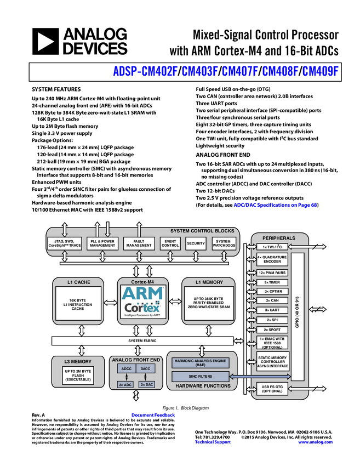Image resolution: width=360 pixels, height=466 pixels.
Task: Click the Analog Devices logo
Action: [x=79, y=41]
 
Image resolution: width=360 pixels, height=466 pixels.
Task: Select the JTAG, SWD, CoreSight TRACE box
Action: [x=65, y=243]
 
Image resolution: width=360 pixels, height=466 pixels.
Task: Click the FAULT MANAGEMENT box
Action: [x=139, y=243]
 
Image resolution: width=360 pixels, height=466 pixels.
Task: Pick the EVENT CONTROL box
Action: [x=170, y=243]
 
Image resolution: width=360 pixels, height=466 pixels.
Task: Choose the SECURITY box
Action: [x=196, y=243]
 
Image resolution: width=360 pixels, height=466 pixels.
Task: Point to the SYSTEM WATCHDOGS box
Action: [x=224, y=243]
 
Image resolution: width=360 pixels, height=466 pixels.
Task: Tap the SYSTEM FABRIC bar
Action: [x=142, y=341]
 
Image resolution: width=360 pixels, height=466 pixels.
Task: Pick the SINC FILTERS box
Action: [x=200, y=376]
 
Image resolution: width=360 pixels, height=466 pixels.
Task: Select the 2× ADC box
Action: [x=125, y=385]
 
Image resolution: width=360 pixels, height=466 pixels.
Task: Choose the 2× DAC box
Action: [x=146, y=385]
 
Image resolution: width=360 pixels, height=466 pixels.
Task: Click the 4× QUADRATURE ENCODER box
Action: [x=272, y=260]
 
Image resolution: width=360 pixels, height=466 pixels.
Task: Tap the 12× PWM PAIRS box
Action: [x=272, y=272]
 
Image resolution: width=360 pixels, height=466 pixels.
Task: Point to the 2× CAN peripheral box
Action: [x=272, y=300]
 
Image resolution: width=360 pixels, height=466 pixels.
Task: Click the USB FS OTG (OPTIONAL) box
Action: [x=272, y=389]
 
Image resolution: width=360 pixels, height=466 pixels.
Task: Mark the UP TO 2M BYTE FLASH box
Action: [x=79, y=375]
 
